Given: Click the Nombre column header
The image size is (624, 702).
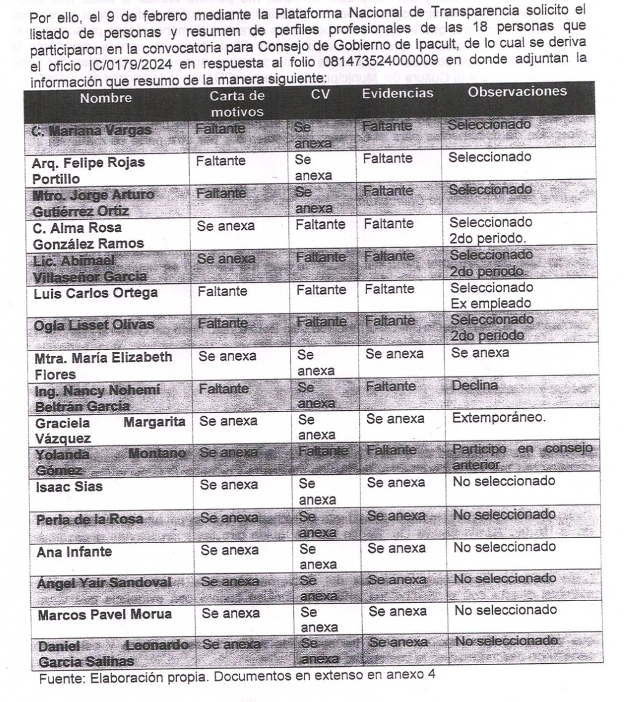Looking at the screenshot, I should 100,97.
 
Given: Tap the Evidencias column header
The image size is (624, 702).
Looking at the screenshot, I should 397,94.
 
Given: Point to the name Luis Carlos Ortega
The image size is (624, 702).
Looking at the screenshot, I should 95,293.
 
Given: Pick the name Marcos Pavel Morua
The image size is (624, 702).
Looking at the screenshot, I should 105,615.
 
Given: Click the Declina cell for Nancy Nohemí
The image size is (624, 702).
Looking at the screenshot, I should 474,385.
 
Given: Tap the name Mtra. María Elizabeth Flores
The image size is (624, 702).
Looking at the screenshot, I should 102,364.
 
